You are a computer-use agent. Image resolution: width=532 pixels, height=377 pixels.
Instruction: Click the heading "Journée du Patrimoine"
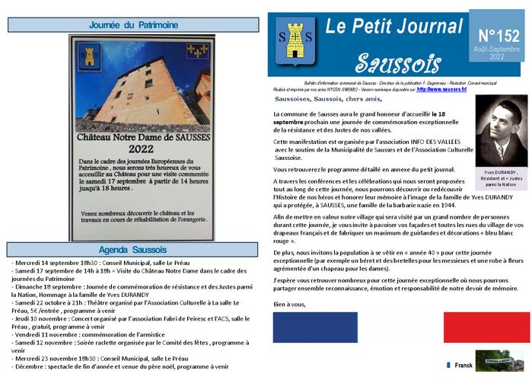tap(133, 25)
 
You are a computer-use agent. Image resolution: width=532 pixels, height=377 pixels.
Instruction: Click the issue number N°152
tap(499, 35)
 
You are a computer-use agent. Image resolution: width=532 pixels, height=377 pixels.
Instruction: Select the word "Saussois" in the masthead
tap(393, 62)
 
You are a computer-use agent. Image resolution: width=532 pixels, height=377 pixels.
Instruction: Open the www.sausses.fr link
tap(441, 89)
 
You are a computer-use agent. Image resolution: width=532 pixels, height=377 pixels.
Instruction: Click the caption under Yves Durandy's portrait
tap(500, 180)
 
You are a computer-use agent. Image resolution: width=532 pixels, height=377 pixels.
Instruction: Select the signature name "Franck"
tap(464, 366)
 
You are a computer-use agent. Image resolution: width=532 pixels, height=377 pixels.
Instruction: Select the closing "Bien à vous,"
tap(288, 305)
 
